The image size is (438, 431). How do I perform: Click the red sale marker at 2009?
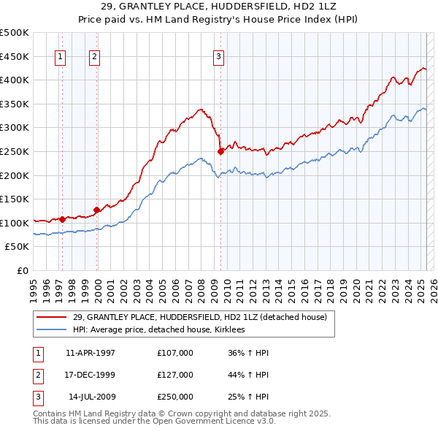[x=220, y=151]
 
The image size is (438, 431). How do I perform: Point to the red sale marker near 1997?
[x=63, y=218]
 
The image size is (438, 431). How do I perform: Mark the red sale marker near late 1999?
[x=97, y=210]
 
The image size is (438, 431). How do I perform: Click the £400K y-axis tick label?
[x=15, y=80]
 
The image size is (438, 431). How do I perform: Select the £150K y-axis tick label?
[x=15, y=199]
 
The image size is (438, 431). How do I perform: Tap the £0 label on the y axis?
[x=22, y=270]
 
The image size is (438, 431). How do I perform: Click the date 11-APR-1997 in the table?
[x=91, y=353]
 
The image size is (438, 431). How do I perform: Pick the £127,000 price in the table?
[x=175, y=375]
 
